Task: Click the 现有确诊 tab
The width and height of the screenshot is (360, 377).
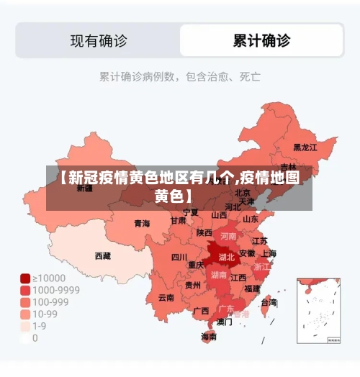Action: click(98, 40)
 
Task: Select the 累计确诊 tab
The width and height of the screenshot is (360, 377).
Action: click(261, 40)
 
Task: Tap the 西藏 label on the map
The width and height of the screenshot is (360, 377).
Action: click(103, 255)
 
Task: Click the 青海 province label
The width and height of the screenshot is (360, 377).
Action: click(142, 223)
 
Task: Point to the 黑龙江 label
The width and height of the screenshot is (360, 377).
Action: click(305, 147)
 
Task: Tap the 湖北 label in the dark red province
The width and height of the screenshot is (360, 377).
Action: click(227, 257)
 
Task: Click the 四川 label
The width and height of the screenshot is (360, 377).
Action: click(179, 257)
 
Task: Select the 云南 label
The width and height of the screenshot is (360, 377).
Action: click(166, 297)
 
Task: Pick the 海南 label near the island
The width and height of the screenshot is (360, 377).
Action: click(209, 336)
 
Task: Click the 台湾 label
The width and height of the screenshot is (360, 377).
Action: click(268, 303)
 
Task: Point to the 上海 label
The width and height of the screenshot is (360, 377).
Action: click(268, 253)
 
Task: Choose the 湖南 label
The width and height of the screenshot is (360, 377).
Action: click(219, 275)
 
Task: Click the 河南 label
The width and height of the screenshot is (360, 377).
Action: click(228, 236)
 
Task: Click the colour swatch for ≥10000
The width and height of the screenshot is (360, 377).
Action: click(25, 278)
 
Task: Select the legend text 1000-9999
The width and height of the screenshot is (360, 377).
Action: click(57, 290)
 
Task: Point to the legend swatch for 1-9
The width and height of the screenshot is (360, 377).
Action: click(25, 326)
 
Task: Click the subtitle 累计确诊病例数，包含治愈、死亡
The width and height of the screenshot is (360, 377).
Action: click(180, 76)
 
